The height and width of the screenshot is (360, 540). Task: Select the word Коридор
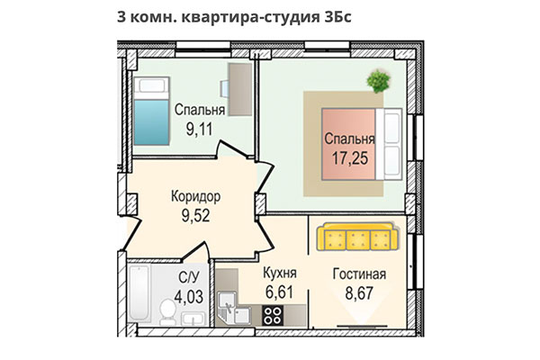(195, 195)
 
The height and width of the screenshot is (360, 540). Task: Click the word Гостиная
(358, 274)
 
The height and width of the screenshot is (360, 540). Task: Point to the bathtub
(139, 297)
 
